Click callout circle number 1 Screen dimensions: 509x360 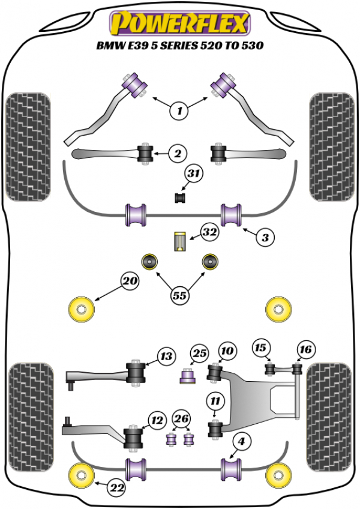(x=178, y=110)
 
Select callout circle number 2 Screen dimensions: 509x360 (x=177, y=154)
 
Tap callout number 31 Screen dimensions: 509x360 (x=193, y=175)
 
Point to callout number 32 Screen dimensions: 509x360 (x=209, y=232)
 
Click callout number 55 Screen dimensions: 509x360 (x=178, y=294)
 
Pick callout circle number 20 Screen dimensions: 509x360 (x=130, y=280)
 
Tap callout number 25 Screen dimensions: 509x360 (x=199, y=353)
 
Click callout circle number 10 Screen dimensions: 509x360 (x=227, y=351)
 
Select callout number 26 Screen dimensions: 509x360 (x=181, y=418)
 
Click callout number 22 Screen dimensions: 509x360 (x=118, y=489)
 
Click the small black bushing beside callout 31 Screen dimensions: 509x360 (x=178, y=197)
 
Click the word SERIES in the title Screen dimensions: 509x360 (x=189, y=45)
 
